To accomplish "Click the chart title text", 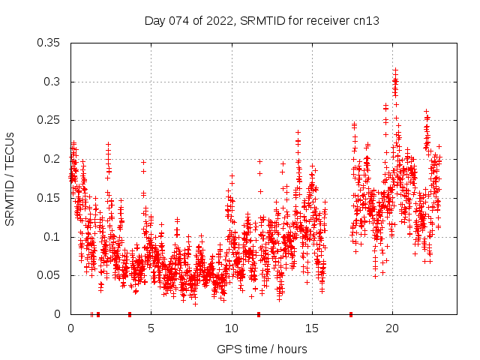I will pyautogui.click(x=262, y=21).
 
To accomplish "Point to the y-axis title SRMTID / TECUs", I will pyautogui.click(x=10, y=178).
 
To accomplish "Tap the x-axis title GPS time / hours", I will pyautogui.click(x=262, y=349).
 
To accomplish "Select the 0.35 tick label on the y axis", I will pyautogui.click(x=49, y=43).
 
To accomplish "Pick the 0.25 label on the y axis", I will pyautogui.click(x=49, y=120).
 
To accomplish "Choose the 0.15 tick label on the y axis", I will pyautogui.click(x=49, y=198).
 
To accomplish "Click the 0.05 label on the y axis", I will pyautogui.click(x=49, y=275).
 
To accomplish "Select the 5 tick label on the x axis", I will pyautogui.click(x=151, y=328).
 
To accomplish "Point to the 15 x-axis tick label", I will pyautogui.click(x=311, y=328).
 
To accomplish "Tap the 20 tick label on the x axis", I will pyautogui.click(x=392, y=328).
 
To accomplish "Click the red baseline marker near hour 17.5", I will pyautogui.click(x=351, y=314).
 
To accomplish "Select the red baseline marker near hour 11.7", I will pyautogui.click(x=259, y=314).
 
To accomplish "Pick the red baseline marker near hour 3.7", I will pyautogui.click(x=130, y=314).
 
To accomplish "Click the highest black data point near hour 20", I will pyautogui.click(x=395, y=70).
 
